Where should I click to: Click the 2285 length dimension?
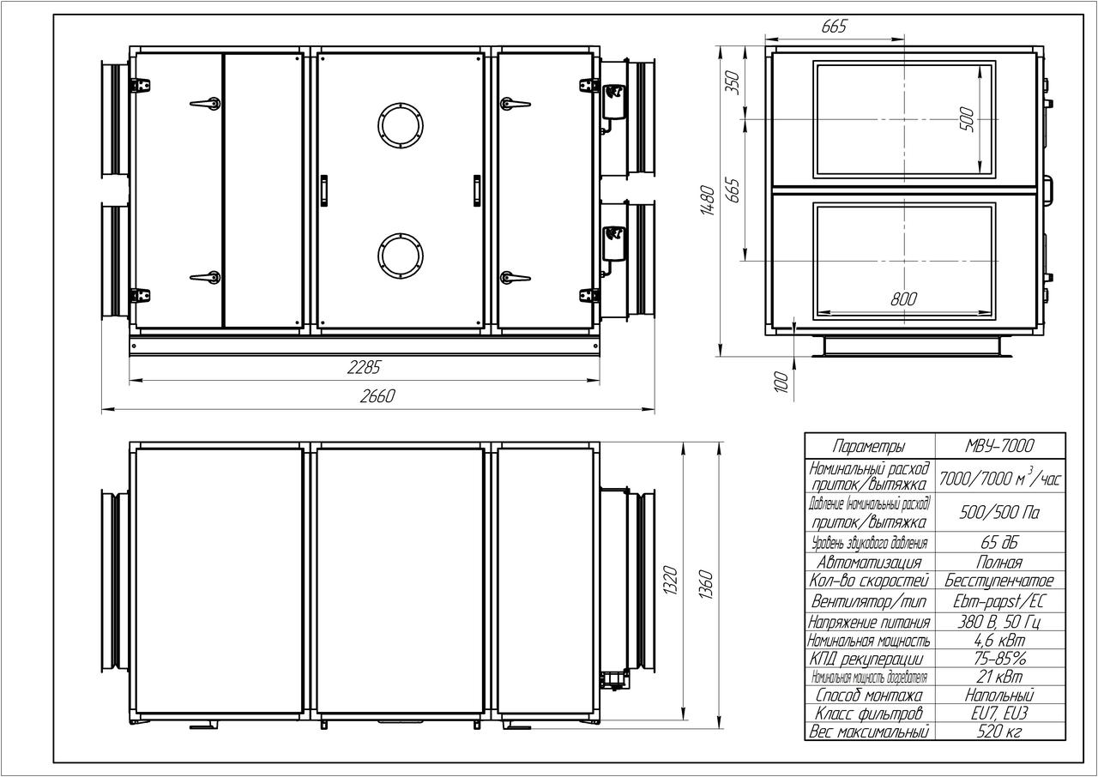coord(363,367)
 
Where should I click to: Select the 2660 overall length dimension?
coord(377,396)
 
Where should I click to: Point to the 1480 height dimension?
coord(708,200)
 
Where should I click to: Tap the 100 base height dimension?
coord(781,382)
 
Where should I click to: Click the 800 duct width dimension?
coord(903,298)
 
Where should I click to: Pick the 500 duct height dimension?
coord(966,119)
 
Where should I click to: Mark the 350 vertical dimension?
coord(732,83)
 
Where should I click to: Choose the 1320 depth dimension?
coord(670,581)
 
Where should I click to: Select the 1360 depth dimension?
coord(705,584)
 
